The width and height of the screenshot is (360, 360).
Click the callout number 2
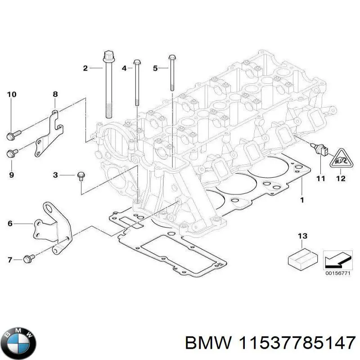pyautogui.click(x=85, y=68)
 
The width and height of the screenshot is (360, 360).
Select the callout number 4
pyautogui.click(x=124, y=68)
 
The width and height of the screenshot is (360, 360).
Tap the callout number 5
pyautogui.click(x=155, y=68)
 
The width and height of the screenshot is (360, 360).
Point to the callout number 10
pyautogui.click(x=12, y=94)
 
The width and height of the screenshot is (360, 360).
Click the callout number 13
pyautogui.click(x=302, y=236)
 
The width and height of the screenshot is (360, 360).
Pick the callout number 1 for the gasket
pyautogui.click(x=302, y=199)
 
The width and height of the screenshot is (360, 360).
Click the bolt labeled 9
pyautogui.click(x=12, y=153)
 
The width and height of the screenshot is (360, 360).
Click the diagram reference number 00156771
pyautogui.click(x=337, y=273)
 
